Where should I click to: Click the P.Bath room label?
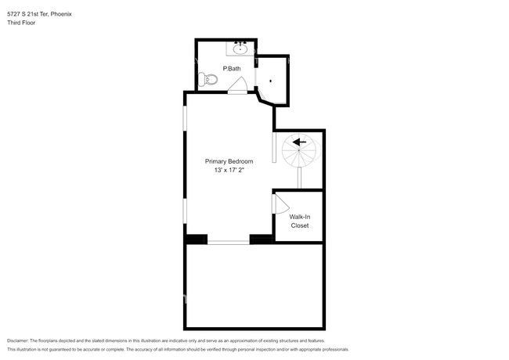[x=232, y=69]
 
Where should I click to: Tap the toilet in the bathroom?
[x=208, y=78]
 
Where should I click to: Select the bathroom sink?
[x=240, y=49]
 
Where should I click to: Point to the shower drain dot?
[x=271, y=81]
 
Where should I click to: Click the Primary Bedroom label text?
[x=229, y=161]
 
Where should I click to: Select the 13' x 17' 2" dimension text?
[x=229, y=171]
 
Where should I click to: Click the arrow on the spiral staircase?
[x=298, y=142]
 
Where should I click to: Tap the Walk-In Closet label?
[x=299, y=221]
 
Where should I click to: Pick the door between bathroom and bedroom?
[x=237, y=89]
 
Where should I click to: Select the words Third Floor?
[x=21, y=23]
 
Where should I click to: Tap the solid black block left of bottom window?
[x=196, y=239]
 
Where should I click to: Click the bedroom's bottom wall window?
[x=228, y=242]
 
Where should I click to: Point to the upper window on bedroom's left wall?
[x=186, y=124]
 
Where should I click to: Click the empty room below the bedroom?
[x=254, y=286]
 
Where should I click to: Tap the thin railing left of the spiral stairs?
[x=274, y=147]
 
